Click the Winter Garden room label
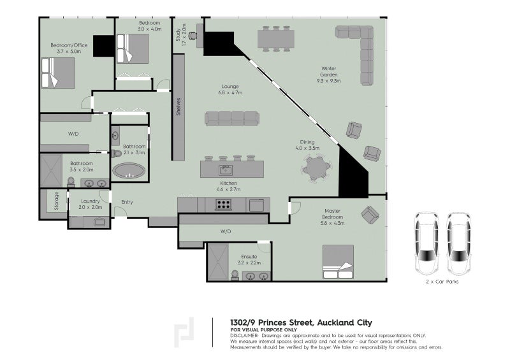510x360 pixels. pos(328,75)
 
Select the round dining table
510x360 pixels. pos(316,168)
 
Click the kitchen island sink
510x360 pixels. pos(225,169)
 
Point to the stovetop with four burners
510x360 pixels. pos(224,205)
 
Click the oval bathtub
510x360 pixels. pos(129,170)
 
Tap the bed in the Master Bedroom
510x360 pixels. pos(338,262)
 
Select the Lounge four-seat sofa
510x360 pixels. pos(232,119)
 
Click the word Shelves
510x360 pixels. pos(178,106)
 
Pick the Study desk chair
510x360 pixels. pos(193,36)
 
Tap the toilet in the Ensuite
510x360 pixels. pos(235,275)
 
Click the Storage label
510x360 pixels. pos(57,201)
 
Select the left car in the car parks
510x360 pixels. pos(426,243)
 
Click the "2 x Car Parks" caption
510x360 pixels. pos(442,282)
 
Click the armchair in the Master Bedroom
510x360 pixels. pos(370,215)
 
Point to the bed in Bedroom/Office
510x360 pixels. pos(58,73)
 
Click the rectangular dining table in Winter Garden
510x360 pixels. pos(276,39)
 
